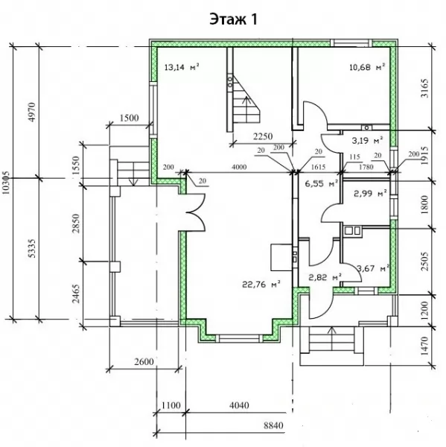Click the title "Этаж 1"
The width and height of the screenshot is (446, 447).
[233, 19]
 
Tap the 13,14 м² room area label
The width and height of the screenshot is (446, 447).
[182, 67]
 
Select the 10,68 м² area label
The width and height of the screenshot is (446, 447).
[367, 67]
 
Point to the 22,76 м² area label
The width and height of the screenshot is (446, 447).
[261, 285]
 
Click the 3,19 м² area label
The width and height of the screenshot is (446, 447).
[367, 140]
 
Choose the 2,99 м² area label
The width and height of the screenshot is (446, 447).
[370, 194]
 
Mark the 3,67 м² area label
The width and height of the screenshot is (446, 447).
[373, 268]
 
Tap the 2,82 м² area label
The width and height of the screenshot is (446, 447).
[325, 277]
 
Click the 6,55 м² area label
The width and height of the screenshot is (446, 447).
[322, 183]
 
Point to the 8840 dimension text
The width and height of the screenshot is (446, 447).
[273, 425]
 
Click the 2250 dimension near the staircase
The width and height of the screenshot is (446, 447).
[263, 136]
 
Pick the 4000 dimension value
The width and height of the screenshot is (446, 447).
[239, 167]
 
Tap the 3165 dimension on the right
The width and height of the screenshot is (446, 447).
[424, 89]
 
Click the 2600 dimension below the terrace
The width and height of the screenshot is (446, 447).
[144, 361]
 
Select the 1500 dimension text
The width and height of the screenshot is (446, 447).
[129, 118]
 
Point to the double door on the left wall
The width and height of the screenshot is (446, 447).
[196, 212]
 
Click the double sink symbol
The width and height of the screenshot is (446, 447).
[352, 230]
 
